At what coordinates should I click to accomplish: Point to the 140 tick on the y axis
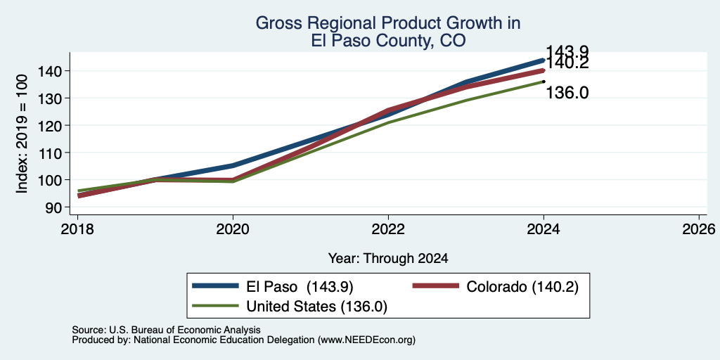click(x=52, y=71)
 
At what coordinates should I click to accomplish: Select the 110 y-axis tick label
click(x=52, y=153)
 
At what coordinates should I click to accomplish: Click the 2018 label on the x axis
click(x=77, y=229)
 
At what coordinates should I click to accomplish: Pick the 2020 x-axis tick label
click(x=233, y=229)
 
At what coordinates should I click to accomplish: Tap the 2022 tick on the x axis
click(x=388, y=229)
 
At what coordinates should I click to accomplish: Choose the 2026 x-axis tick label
click(x=699, y=229)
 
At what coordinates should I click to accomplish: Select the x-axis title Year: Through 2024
click(x=388, y=259)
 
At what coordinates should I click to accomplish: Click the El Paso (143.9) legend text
click(x=300, y=287)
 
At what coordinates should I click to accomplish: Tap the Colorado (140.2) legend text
click(x=522, y=287)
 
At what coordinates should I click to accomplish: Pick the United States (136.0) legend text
click(x=317, y=307)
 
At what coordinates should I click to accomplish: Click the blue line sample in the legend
click(x=215, y=286)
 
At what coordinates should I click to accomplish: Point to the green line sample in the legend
click(x=215, y=306)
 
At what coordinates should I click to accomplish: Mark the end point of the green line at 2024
click(x=544, y=82)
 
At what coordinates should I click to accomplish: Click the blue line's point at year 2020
click(x=233, y=165)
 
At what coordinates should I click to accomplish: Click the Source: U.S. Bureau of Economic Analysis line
click(x=166, y=330)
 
